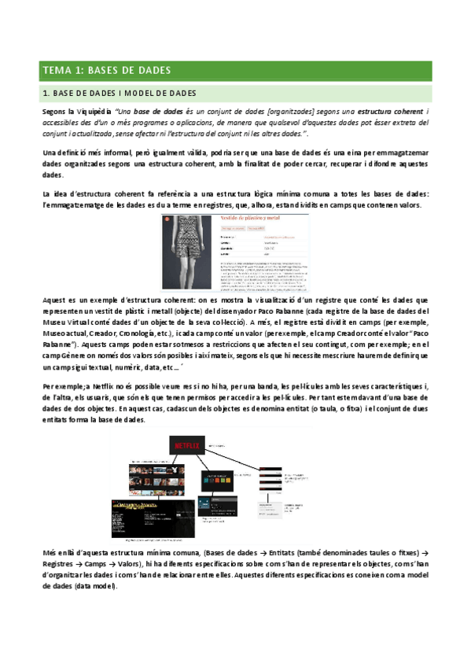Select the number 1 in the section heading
46,94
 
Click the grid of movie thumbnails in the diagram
153,479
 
